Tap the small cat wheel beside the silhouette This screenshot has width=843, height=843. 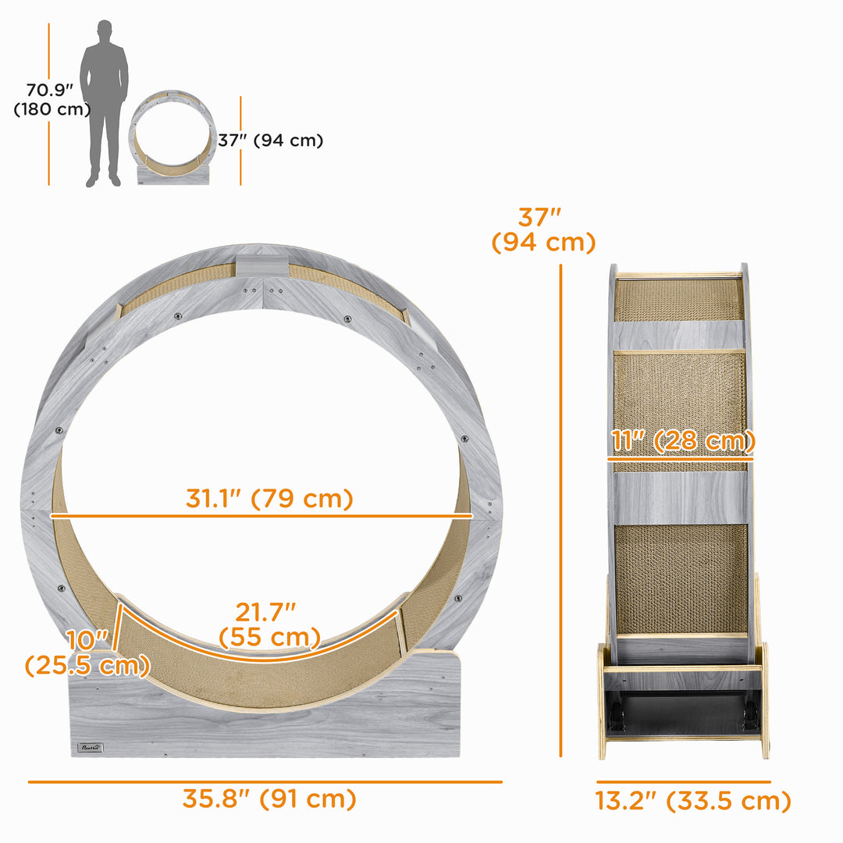coord(172,137)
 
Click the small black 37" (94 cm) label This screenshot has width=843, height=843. coord(270,140)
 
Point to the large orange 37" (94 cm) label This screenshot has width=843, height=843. coord(543,229)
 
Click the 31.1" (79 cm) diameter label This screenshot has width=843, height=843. coord(269,498)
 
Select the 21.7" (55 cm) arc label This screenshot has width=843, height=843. coord(269,624)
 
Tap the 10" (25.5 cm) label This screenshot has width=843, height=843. coord(86,653)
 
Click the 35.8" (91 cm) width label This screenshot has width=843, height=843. coord(269,799)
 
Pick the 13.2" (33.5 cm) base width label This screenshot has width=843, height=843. coord(693,801)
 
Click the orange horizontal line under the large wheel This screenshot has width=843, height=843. coord(265,781)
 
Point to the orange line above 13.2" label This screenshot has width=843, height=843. coord(684,781)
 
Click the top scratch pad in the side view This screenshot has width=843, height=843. coord(678,300)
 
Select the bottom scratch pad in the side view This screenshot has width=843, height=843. coord(680,578)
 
